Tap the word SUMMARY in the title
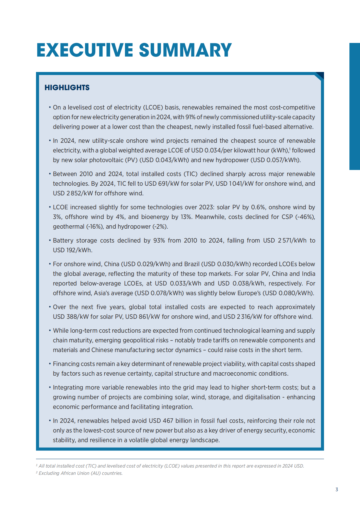(185, 50)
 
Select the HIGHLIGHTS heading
(67, 88)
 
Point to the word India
(308, 274)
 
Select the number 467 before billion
(168, 421)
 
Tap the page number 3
(337, 490)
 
